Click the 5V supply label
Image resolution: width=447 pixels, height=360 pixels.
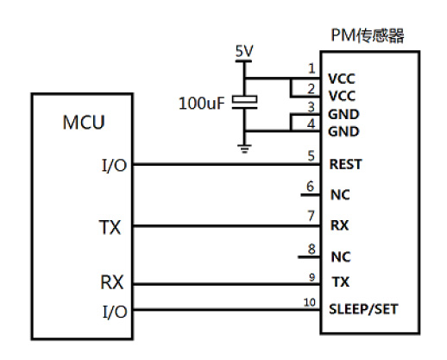(244, 51)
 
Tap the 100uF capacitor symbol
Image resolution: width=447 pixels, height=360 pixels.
(244, 102)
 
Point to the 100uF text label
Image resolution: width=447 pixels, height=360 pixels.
(201, 104)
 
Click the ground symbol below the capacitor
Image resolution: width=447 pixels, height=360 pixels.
(244, 148)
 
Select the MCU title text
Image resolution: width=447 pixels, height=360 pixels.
(84, 123)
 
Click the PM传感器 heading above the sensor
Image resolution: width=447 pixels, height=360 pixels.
(368, 35)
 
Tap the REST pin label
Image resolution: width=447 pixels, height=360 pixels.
(345, 164)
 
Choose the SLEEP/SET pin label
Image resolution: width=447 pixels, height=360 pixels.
(363, 309)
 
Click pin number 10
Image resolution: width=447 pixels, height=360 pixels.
(310, 302)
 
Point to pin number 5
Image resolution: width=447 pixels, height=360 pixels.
(312, 155)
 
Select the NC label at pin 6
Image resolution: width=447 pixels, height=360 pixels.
(340, 195)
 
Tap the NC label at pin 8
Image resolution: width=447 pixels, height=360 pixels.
(341, 256)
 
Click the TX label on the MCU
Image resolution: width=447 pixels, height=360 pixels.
(110, 227)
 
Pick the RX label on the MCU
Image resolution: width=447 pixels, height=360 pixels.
(111, 282)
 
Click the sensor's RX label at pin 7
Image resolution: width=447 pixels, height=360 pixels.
(340, 225)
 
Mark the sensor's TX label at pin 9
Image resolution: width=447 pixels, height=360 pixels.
(341, 281)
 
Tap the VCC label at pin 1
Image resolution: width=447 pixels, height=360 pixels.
(342, 79)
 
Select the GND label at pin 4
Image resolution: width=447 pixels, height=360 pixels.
(343, 131)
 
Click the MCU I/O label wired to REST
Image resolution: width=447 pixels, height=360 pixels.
(115, 166)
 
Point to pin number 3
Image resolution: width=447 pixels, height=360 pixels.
(312, 107)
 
